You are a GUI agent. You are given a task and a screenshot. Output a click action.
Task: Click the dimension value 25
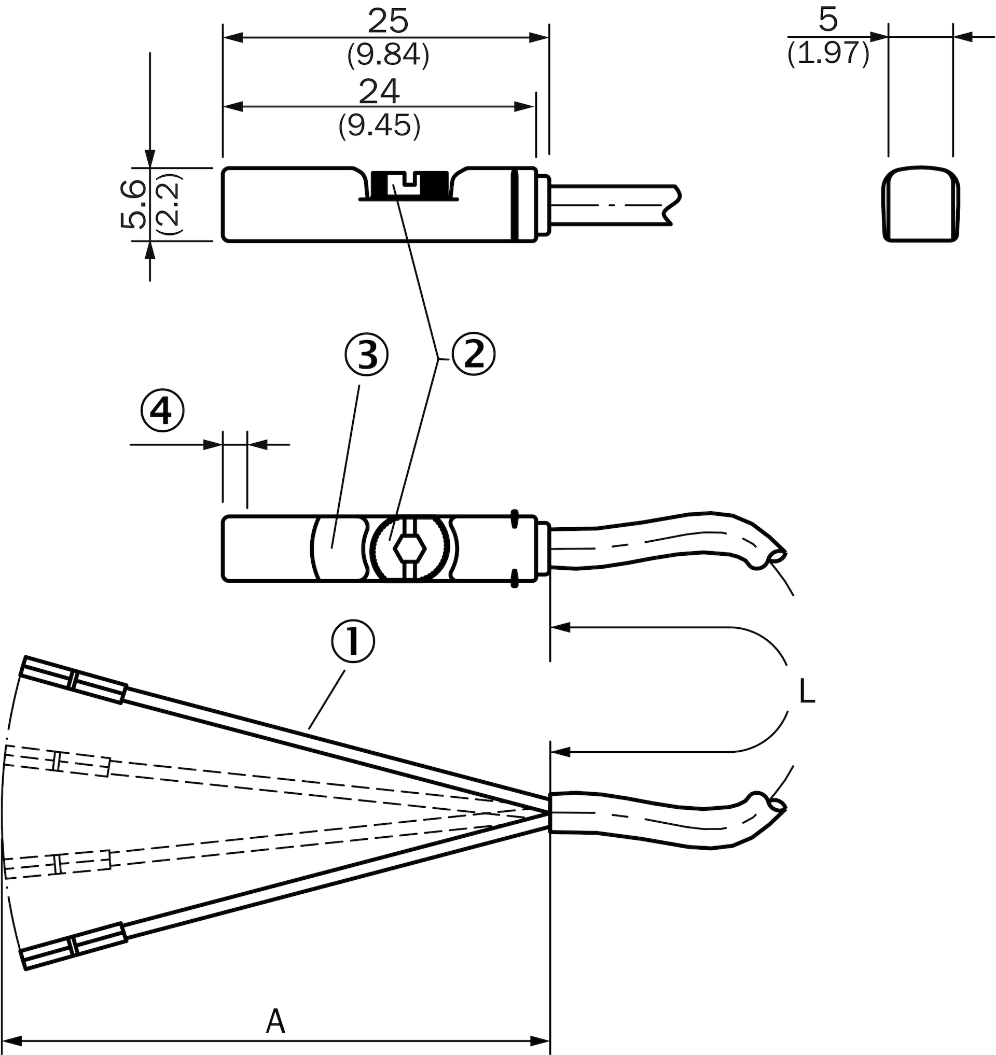click(x=388, y=22)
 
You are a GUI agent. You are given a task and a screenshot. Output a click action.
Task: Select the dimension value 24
click(x=379, y=92)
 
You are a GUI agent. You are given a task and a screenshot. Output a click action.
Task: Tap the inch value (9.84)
click(x=388, y=54)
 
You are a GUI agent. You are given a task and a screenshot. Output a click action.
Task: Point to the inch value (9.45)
click(x=380, y=125)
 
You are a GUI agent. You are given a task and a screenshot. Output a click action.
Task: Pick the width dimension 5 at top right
click(x=828, y=20)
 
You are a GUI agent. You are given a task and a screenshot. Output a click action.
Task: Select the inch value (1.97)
click(x=828, y=53)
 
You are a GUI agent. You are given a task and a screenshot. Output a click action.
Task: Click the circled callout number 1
click(x=353, y=642)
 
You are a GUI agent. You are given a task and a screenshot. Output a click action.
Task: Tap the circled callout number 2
click(x=474, y=354)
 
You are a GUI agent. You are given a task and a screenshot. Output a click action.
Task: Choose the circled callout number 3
click(x=366, y=354)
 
